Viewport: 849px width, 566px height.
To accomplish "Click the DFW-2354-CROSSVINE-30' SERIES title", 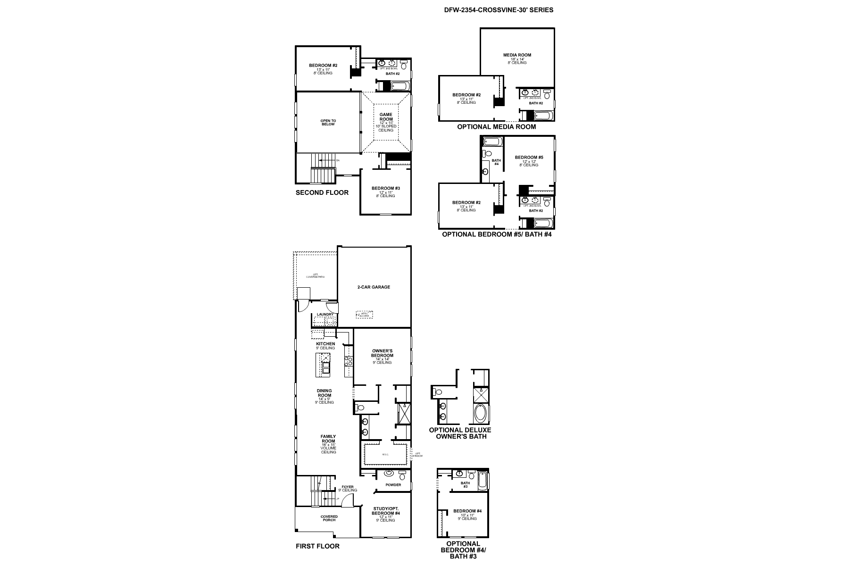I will pos(499,9).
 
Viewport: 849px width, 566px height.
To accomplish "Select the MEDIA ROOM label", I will pos(517,55).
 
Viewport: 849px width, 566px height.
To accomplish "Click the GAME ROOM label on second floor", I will pos(386,117).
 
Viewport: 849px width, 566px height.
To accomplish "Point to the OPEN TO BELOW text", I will pos(328,122).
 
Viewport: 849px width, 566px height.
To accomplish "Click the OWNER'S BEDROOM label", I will pos(382,353).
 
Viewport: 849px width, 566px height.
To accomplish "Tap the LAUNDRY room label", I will pos(325,315).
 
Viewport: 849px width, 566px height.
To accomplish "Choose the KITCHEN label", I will pos(325,344).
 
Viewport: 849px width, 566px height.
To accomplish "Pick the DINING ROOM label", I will pos(325,393).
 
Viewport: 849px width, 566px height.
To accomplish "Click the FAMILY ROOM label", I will pos(328,439).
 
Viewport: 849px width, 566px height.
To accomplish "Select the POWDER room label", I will pos(393,485).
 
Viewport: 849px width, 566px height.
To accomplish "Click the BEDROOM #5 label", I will pos(529,157).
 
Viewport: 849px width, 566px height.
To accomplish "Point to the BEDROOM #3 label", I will pos(385,189).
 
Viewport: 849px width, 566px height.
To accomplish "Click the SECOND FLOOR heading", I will pos(322,192).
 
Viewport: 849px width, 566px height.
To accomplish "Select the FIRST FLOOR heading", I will pos(317,546).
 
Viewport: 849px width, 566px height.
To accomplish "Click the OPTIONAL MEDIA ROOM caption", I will pos(496,127).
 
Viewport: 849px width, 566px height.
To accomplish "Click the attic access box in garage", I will pos(364,314).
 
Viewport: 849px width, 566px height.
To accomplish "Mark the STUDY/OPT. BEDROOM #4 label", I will pos(385,510).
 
